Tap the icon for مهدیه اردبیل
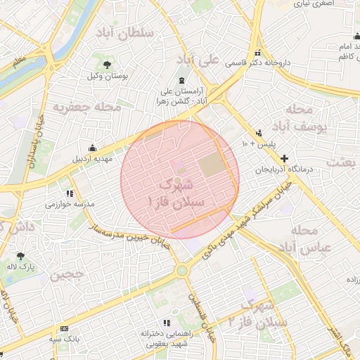tap(92, 148)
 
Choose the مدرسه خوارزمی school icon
tap(70, 193)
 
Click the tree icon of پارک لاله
tap(20, 256)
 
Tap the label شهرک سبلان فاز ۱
tap(176, 193)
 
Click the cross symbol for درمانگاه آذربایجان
tap(284, 159)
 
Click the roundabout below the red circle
tap(182, 269)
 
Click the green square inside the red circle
tap(209, 166)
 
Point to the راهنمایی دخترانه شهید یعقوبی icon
tap(155, 323)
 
